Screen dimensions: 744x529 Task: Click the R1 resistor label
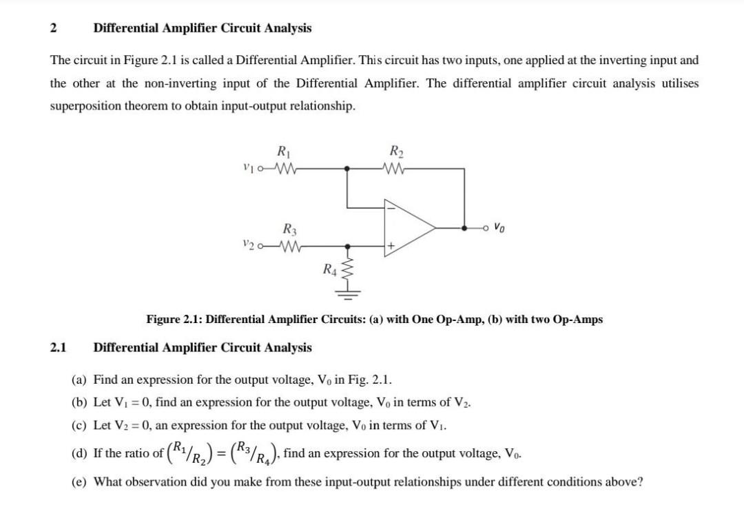282,152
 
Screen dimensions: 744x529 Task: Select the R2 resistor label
396,152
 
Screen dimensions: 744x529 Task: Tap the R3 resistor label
289,230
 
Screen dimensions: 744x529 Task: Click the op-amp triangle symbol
406,226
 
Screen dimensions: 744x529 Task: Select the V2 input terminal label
248,245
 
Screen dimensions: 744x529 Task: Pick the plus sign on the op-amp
389,245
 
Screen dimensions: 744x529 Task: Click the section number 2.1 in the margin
58,347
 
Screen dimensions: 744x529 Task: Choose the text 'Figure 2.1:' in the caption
174,320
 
